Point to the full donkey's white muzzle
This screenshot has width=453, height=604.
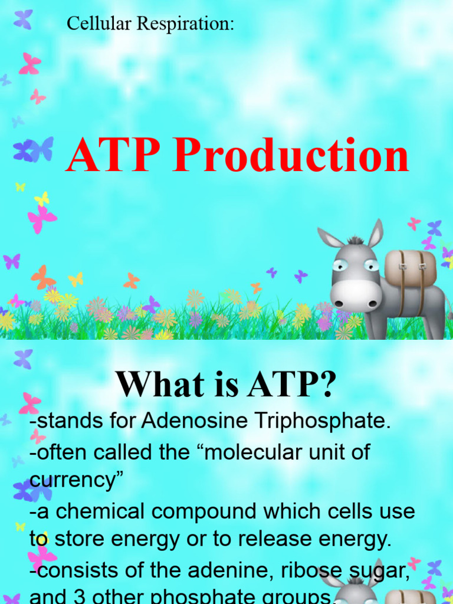[354, 295]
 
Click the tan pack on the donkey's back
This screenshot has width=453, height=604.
[410, 267]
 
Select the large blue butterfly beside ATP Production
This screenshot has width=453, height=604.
[33, 150]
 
